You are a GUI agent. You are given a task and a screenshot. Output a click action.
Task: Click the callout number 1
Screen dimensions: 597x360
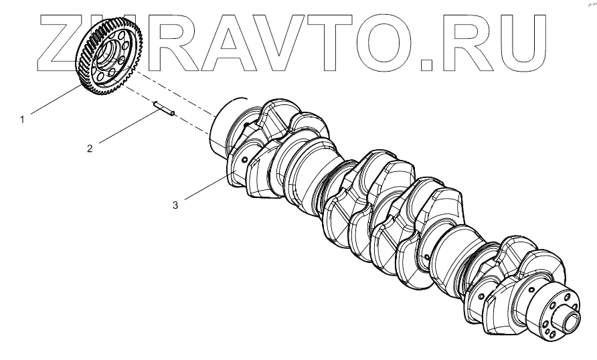point(22,120)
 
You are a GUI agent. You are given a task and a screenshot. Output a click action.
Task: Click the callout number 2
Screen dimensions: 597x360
point(90,148)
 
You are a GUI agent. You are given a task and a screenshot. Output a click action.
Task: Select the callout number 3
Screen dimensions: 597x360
point(175,205)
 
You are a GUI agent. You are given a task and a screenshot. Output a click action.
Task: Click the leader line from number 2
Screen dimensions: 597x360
point(127,127)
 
